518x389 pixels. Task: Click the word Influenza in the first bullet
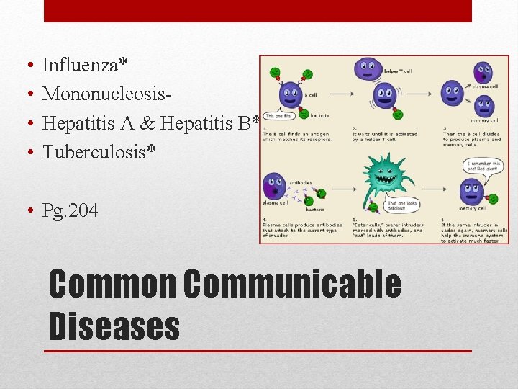(80, 66)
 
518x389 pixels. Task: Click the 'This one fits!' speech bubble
(279, 115)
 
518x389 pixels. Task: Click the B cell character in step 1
(290, 93)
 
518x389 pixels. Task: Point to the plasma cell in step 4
(273, 187)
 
